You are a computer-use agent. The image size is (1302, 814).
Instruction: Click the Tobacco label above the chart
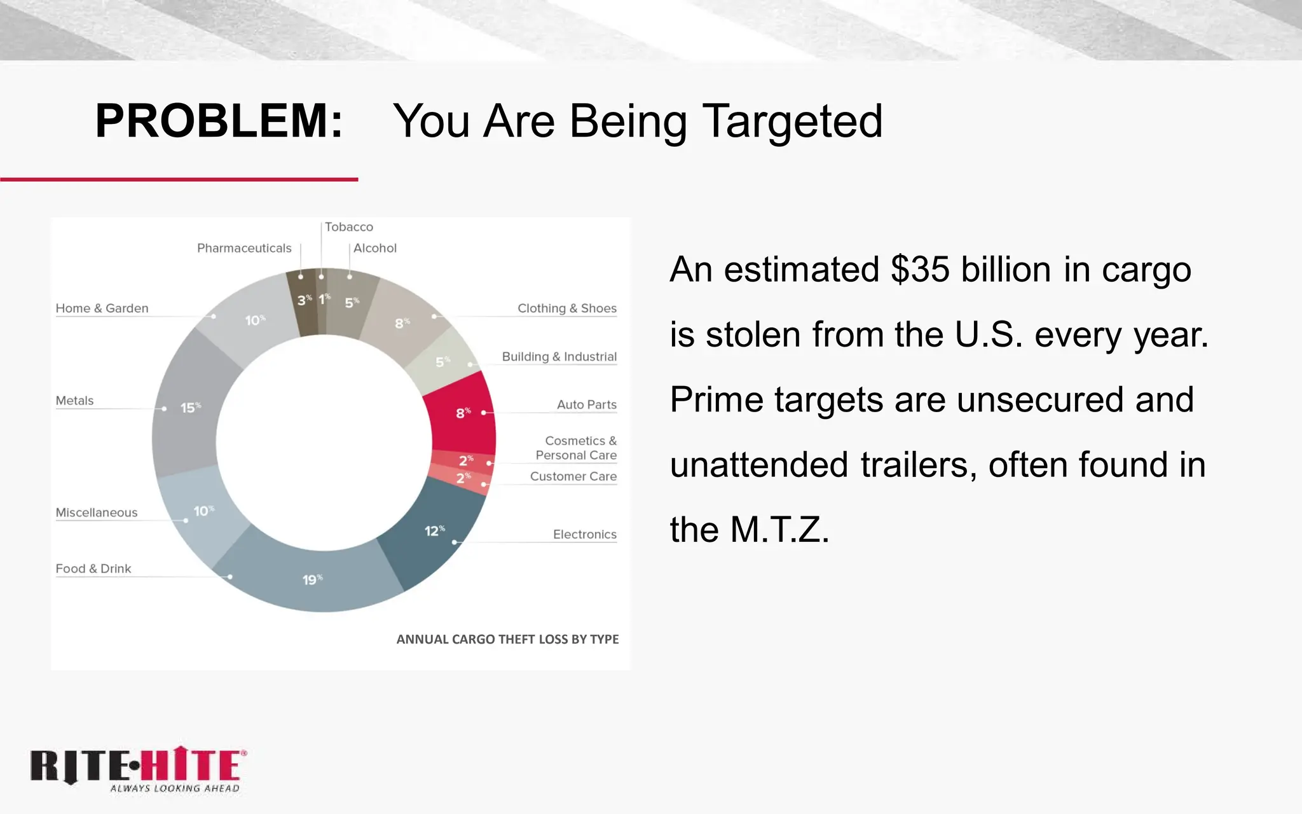point(348,227)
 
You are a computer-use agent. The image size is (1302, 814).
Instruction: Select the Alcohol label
point(374,248)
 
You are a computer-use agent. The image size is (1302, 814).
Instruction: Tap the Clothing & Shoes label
point(566,308)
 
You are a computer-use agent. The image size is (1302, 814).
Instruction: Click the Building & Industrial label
point(559,357)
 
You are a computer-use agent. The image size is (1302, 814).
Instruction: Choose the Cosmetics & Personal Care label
point(576,448)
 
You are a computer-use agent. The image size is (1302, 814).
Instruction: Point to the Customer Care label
point(573,476)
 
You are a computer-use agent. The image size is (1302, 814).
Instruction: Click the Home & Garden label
point(102,308)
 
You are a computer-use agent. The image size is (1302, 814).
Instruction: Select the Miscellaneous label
point(96,513)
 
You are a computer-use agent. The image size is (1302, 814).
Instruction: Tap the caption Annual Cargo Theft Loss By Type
point(507,639)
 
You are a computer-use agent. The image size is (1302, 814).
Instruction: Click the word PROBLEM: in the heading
point(219,121)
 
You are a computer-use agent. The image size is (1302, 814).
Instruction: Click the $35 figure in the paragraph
point(920,269)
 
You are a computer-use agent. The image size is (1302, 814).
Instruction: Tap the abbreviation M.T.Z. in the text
point(779,529)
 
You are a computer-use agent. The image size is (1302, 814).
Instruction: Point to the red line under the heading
point(179,179)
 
